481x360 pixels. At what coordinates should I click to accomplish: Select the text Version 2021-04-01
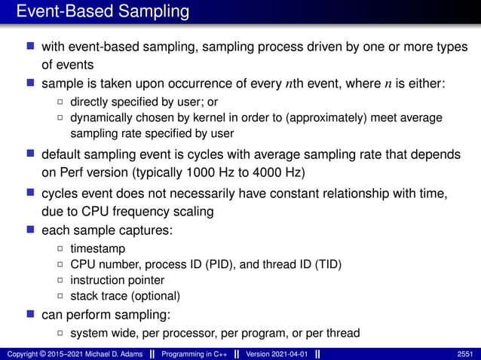tap(276, 354)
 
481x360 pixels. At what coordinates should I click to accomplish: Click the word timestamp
tap(98, 248)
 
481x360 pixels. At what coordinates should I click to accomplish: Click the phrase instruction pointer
tap(117, 280)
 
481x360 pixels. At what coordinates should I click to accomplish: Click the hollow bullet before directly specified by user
tap(61, 102)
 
